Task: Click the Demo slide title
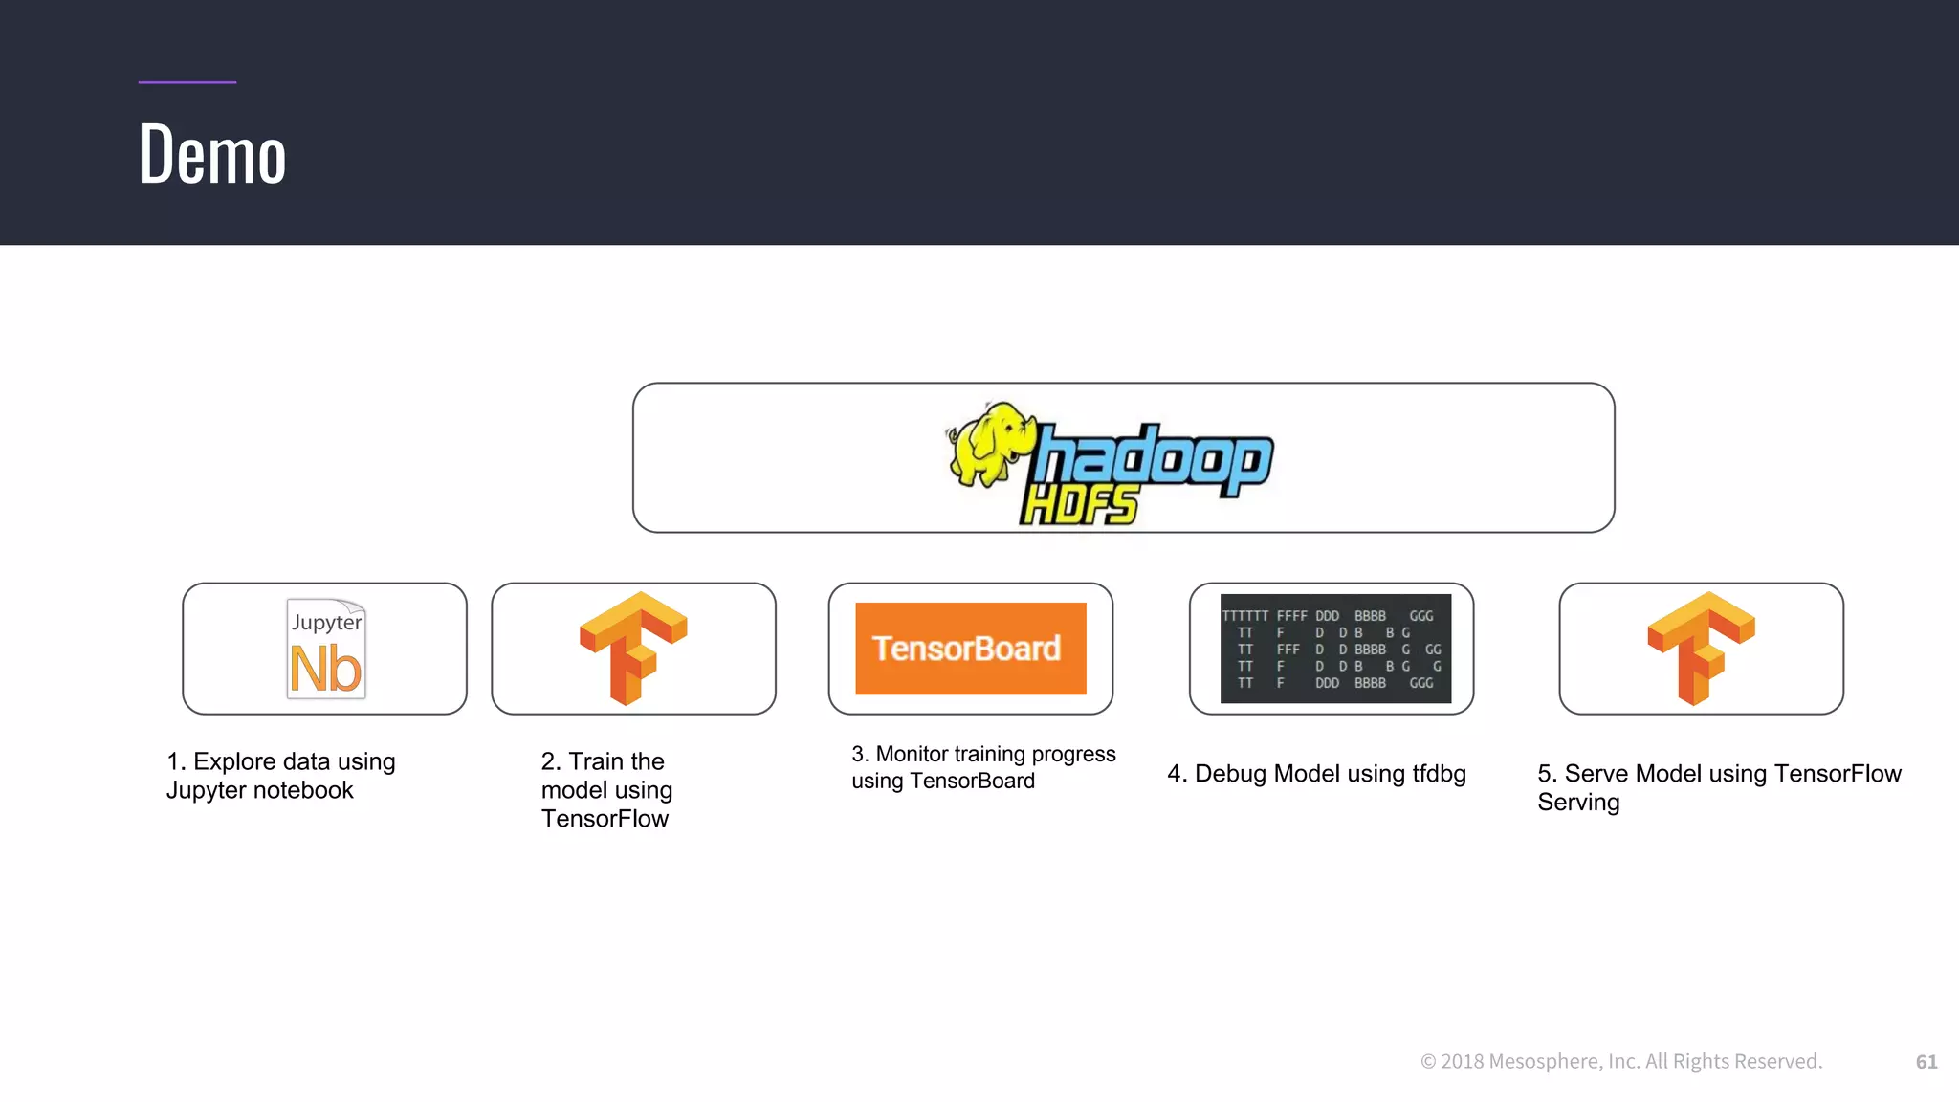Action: click(211, 154)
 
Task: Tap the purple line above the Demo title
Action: click(187, 82)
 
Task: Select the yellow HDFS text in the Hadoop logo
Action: click(1079, 505)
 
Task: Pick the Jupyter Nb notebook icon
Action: click(326, 649)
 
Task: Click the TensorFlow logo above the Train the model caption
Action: click(633, 648)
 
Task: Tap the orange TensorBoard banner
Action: click(970, 649)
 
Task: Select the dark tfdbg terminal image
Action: click(1335, 649)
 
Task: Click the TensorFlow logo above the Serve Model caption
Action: click(1701, 648)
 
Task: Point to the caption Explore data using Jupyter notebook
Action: click(280, 776)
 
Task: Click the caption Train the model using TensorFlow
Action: click(606, 790)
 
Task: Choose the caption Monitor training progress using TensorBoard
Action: click(983, 767)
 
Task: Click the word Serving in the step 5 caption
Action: click(1578, 803)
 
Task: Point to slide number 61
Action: click(1926, 1062)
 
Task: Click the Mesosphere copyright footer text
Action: click(1621, 1062)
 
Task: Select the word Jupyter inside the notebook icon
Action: click(326, 622)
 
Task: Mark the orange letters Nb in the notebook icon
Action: click(325, 669)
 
